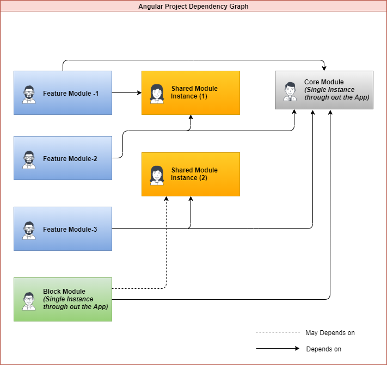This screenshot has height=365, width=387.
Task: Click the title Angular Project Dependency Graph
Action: point(193,7)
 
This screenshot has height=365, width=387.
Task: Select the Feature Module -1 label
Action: point(71,93)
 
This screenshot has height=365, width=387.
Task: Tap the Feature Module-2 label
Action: point(70,159)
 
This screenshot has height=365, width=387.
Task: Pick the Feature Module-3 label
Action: point(70,230)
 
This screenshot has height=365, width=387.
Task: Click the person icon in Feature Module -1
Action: point(29,94)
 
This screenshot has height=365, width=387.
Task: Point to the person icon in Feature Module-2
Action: point(29,159)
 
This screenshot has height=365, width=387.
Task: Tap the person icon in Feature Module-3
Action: point(29,230)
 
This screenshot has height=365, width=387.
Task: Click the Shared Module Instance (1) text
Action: point(194,92)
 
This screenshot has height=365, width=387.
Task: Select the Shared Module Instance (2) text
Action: point(194,174)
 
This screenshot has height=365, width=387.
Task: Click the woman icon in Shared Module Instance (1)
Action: point(157,94)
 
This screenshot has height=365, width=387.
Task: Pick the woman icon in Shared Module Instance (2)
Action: point(157,175)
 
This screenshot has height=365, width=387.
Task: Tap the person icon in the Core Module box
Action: point(290,91)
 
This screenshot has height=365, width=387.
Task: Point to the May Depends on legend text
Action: point(330,332)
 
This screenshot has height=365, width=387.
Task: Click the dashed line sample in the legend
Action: point(278,332)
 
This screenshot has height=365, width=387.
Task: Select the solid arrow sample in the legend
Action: point(278,349)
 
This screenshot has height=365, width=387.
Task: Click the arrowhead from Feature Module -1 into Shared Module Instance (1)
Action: point(138,92)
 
